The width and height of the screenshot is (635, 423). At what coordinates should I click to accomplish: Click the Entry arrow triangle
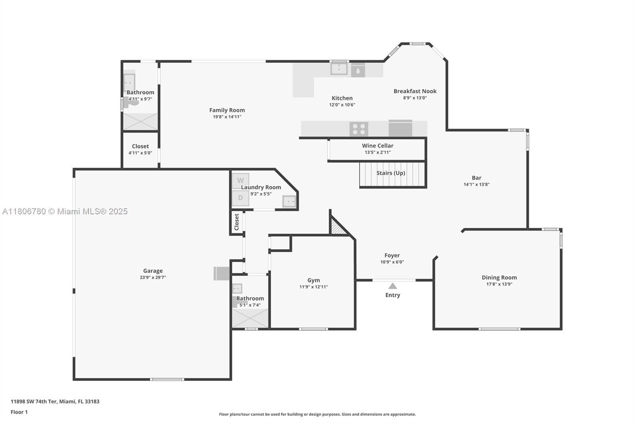393,286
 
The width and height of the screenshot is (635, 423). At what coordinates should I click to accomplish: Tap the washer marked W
241,181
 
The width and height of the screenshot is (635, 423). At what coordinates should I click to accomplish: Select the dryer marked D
241,198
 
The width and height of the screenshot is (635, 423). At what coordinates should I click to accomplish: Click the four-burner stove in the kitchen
359,129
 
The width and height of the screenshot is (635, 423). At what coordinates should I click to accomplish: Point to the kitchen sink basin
339,69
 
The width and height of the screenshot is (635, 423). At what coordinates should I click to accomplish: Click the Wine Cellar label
377,146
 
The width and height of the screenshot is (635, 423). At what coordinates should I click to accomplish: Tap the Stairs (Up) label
391,173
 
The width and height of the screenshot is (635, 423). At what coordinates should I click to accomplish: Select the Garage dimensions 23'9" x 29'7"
153,278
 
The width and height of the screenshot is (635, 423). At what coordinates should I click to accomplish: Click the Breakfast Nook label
415,91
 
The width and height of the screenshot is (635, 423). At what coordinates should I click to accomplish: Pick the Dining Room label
499,277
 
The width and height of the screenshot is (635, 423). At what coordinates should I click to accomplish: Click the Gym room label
314,280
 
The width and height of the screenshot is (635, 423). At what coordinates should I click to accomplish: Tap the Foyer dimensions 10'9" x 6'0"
392,262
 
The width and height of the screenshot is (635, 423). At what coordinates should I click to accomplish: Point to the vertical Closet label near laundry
237,222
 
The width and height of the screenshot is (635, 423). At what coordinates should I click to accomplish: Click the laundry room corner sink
289,202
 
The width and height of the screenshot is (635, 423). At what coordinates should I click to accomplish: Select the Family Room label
227,110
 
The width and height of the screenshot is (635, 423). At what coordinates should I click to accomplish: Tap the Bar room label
476,178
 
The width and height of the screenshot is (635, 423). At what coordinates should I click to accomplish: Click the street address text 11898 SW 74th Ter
55,402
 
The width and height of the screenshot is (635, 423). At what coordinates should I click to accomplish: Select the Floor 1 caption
19,412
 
